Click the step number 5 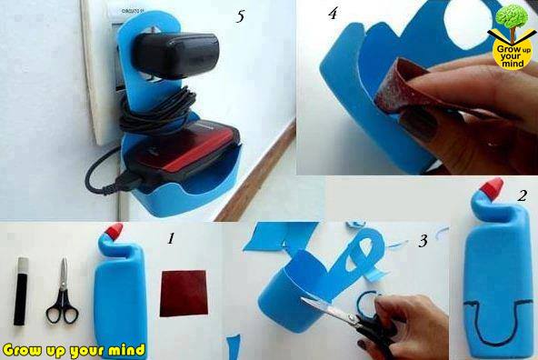pos(240,16)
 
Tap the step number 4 pos(333,14)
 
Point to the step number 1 pos(171,238)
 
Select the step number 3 pos(423,241)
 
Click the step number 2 pos(523,195)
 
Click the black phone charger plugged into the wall pos(175,55)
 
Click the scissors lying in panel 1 pos(63,292)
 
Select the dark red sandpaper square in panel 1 pos(184,294)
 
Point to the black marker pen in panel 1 pos(21,291)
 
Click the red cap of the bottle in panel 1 pos(115,230)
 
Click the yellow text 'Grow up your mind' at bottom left pos(74,350)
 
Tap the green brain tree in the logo pos(512,17)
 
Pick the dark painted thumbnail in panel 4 pos(419,125)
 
